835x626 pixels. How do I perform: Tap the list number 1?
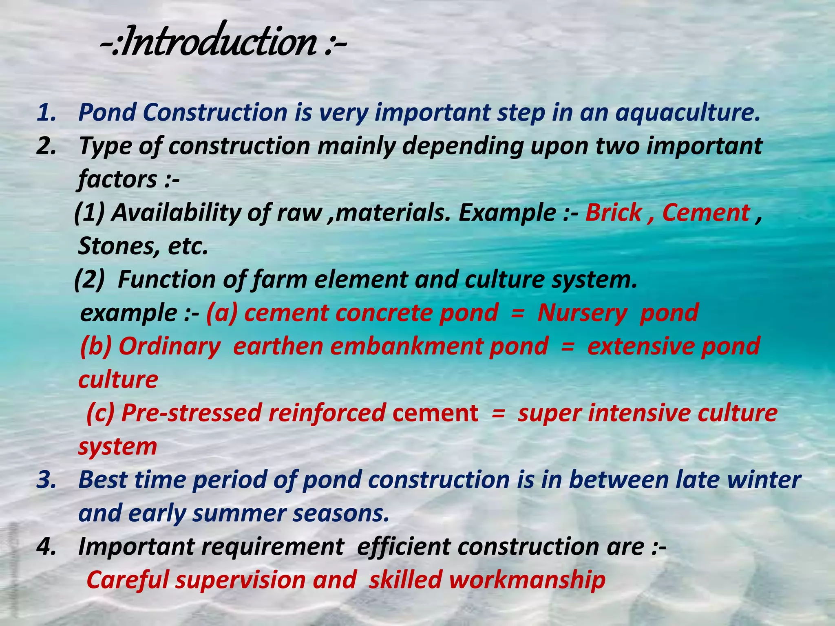tap(46, 113)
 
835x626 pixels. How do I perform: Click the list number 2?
tap(46, 146)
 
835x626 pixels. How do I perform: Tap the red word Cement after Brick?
tap(706, 213)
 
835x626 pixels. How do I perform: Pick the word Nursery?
tap(582, 313)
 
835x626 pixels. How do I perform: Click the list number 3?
tap(46, 480)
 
